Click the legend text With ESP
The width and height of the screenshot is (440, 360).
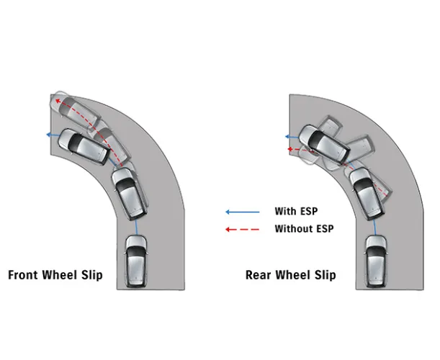pyautogui.click(x=296, y=212)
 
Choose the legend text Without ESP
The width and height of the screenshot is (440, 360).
pyautogui.click(x=304, y=229)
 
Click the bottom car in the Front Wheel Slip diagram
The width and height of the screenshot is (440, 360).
pyautogui.click(x=135, y=261)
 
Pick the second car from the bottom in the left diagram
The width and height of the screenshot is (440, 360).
pyautogui.click(x=130, y=192)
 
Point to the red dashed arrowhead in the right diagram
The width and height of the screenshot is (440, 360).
pyautogui.click(x=289, y=150)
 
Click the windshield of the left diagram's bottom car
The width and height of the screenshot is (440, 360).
pyautogui.click(x=135, y=253)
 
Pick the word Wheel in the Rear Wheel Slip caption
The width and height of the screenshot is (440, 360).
pyautogui.click(x=291, y=274)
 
